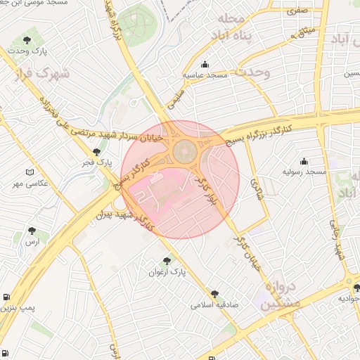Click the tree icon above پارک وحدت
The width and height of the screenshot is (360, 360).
(27, 40)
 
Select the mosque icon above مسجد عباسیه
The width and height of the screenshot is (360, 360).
(204, 64)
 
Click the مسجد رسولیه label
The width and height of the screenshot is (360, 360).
(305, 172)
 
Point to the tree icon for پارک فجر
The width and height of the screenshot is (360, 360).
(96, 151)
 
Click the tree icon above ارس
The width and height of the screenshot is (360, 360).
(32, 230)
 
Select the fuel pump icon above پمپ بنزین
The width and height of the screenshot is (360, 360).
(6, 297)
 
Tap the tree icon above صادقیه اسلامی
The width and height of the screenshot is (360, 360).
(214, 295)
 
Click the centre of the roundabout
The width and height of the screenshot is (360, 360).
(185, 150)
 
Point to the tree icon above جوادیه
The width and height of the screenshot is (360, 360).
(356, 287)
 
